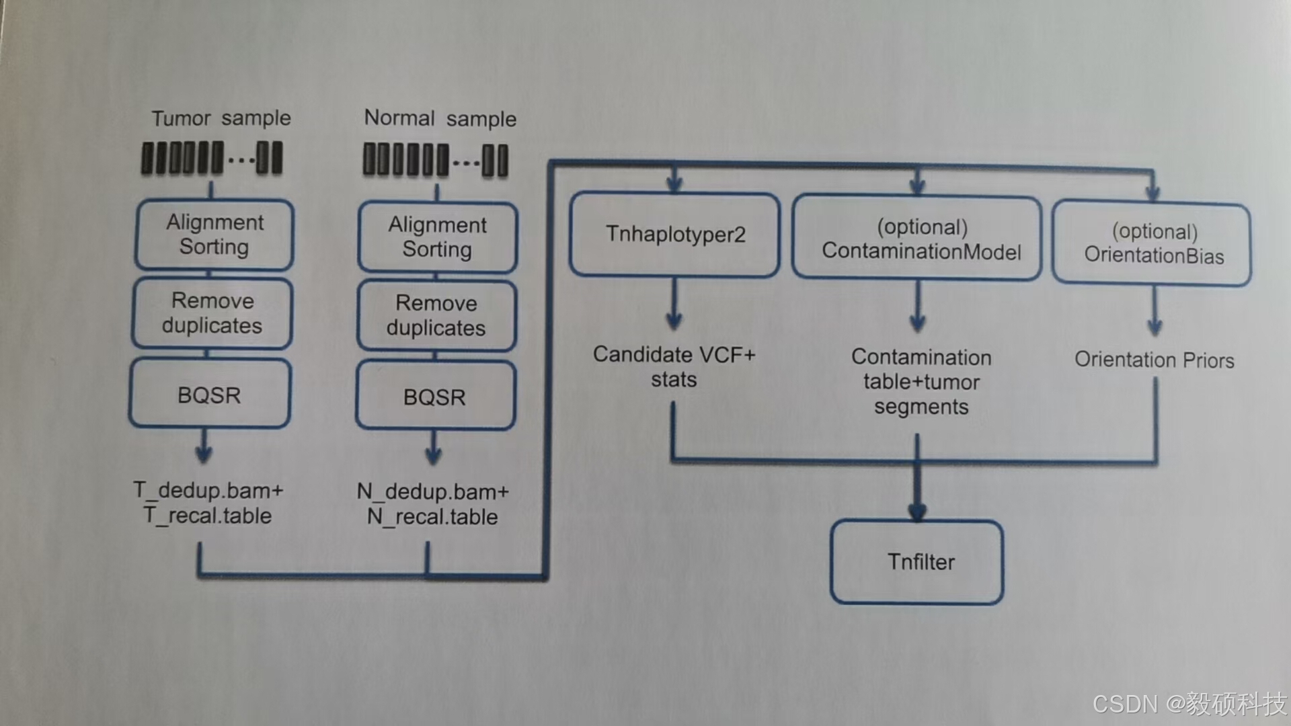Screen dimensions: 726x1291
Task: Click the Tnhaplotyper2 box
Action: coord(674,235)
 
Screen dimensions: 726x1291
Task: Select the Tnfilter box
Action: coord(918,562)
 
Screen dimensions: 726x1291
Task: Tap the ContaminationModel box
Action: coord(918,239)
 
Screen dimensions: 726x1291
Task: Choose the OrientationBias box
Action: coord(1152,243)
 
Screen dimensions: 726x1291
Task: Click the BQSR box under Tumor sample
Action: coord(210,395)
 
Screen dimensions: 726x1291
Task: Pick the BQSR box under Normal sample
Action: coord(435,397)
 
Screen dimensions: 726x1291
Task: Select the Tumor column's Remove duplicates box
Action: coord(212,313)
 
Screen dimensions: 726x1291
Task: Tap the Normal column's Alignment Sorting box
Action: coord(438,237)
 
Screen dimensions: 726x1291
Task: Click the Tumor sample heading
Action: coord(221,118)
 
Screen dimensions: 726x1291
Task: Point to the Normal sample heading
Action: coord(440,118)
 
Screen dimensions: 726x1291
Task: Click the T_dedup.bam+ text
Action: coord(208,490)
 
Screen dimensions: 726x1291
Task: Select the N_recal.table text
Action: coord(432,517)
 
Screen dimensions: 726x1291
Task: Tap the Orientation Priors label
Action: coord(1154,360)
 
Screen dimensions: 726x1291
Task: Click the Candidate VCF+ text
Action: coord(674,354)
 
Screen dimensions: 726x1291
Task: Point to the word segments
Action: coord(921,407)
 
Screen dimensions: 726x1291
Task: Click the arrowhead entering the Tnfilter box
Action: coord(917,512)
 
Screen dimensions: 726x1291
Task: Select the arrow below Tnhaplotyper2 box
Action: coord(674,306)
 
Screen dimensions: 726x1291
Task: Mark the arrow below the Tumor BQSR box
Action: coord(204,448)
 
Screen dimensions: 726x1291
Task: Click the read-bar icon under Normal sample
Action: coord(436,161)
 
